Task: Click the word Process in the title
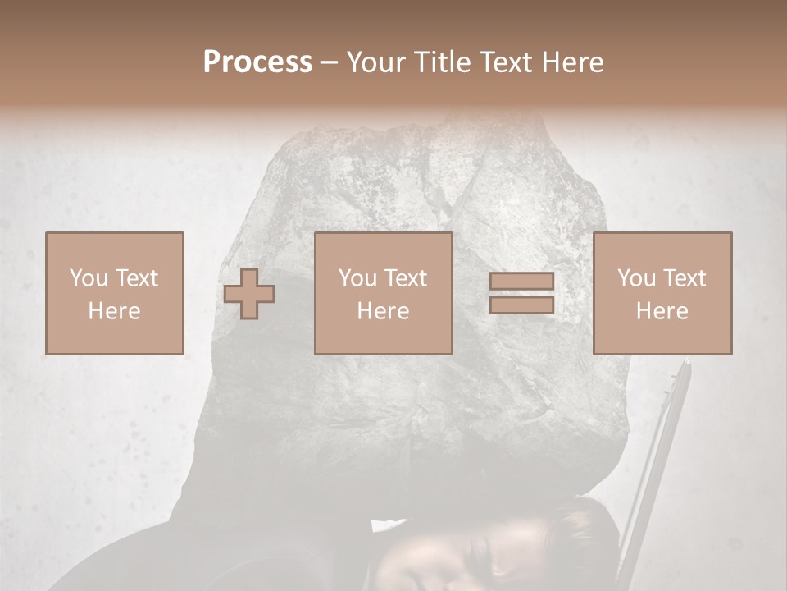tap(257, 62)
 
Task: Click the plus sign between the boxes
tap(249, 294)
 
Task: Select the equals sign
tap(521, 294)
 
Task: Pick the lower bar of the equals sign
tap(521, 305)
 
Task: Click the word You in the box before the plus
tap(88, 278)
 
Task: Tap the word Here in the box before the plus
tap(115, 311)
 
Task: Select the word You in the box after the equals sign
tap(636, 278)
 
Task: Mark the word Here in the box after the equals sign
tap(662, 311)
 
